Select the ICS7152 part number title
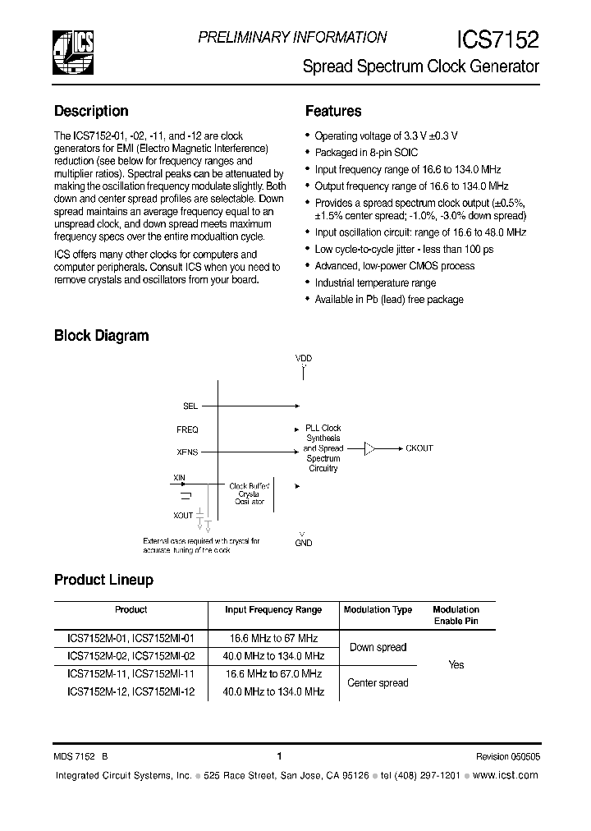[x=497, y=40]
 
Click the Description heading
[x=91, y=112]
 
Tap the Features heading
[x=333, y=112]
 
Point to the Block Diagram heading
[x=101, y=336]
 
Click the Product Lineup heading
[x=103, y=581]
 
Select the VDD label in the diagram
[x=304, y=359]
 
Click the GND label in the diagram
[x=304, y=543]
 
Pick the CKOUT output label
[x=419, y=448]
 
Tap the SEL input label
[x=190, y=406]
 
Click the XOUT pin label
[x=184, y=516]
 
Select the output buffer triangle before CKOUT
[x=370, y=448]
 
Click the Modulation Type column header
[x=378, y=610]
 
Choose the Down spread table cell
[x=378, y=647]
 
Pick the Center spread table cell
[x=378, y=682]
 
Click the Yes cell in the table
[x=456, y=665]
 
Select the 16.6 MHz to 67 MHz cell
[x=273, y=639]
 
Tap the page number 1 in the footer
[x=279, y=757]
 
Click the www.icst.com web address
[x=506, y=775]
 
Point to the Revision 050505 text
[x=507, y=757]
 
